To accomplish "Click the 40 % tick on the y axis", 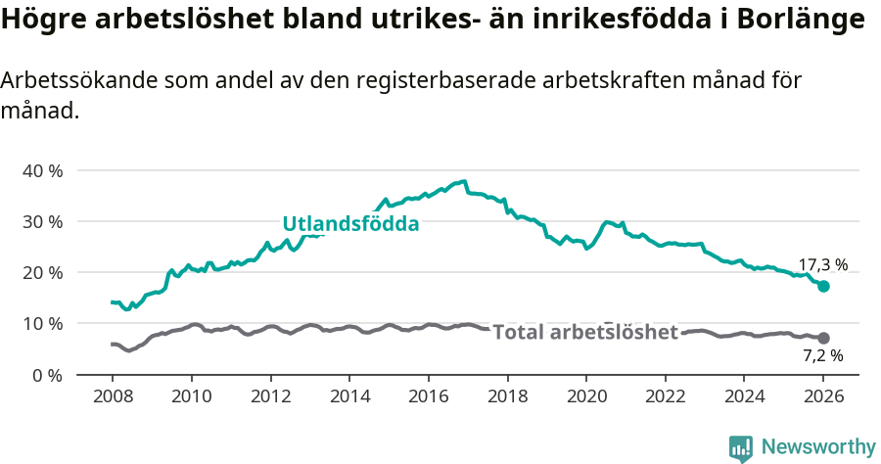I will tap(42, 170).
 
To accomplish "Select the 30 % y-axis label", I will tap(42, 221).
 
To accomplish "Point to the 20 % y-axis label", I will tap(42, 272).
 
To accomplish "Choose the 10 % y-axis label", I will tap(42, 323).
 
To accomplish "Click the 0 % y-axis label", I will tap(47, 375).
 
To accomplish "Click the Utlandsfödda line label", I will tap(350, 224).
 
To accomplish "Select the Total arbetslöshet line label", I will tap(584, 333).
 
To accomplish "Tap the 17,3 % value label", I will tap(822, 265).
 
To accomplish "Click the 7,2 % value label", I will tap(822, 355).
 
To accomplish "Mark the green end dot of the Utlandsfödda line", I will tap(824, 286).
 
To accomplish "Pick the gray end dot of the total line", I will tap(824, 338).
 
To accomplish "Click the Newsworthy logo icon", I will tap(741, 448).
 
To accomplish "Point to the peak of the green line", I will tap(465, 181).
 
